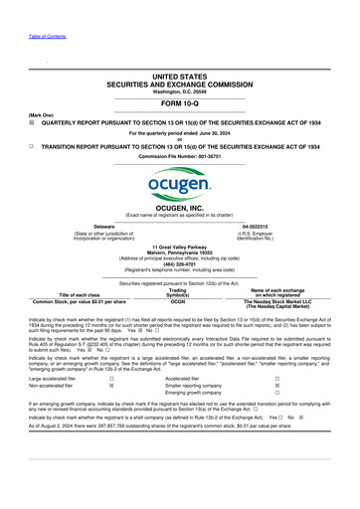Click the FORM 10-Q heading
coord(180,104)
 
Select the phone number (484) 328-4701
coord(180,263)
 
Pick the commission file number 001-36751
coord(180,156)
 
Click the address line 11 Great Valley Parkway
coord(180,246)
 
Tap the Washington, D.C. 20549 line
coord(180,91)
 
